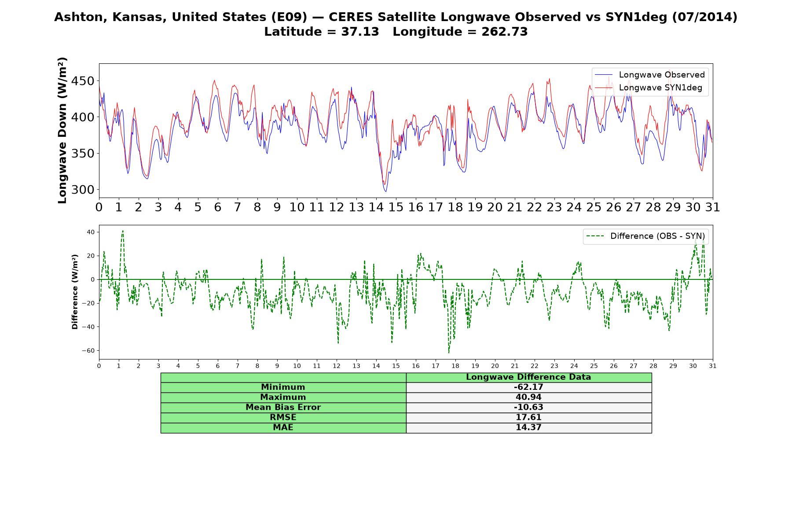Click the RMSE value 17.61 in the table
point(528,417)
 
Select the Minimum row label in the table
point(283,387)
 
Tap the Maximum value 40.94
point(528,397)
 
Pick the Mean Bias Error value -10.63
point(528,407)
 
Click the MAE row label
point(283,427)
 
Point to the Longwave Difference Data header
point(528,377)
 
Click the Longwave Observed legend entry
point(650,75)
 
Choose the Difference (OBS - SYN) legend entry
point(645,236)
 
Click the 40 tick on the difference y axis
point(91,232)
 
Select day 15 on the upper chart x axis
point(396,207)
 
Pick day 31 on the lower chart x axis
point(713,366)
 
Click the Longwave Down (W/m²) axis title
point(62,130)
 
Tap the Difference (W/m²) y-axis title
point(75,292)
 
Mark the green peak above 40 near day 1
point(123,231)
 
